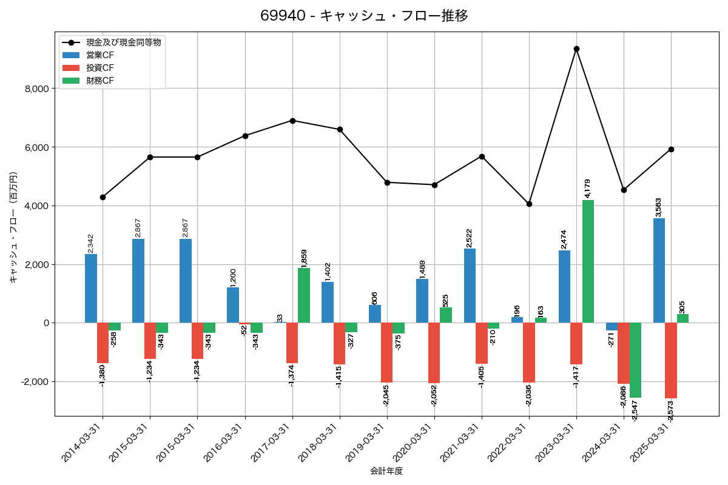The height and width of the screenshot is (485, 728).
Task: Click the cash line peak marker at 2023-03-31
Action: [x=576, y=48]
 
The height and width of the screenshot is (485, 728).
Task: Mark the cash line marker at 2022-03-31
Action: [x=529, y=204]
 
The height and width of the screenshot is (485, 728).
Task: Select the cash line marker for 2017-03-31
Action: [x=292, y=121]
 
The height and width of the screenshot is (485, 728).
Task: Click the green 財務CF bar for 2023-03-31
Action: [x=588, y=261]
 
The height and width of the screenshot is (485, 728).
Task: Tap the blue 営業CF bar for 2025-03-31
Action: [x=659, y=270]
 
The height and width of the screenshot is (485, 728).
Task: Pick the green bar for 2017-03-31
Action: [x=304, y=295]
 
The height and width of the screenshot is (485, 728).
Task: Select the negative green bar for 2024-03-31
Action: [x=635, y=360]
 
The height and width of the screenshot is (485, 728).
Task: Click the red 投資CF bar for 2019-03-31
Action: [x=386, y=352]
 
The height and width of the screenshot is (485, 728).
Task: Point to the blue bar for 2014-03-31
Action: [x=91, y=289]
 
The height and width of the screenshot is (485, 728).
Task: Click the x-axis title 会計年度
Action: [x=386, y=471]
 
